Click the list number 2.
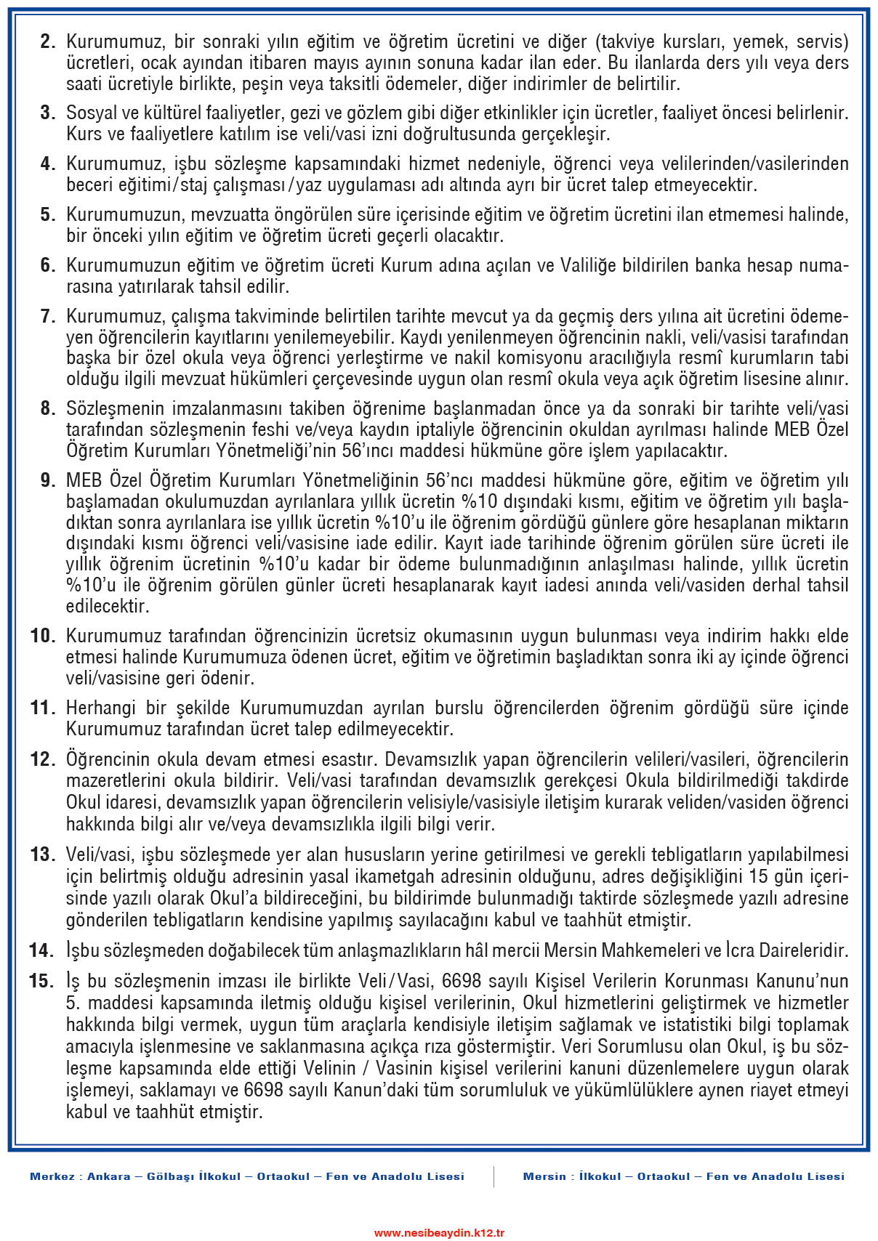48,42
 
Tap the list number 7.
48,317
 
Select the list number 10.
43,636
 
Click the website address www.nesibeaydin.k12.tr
439,1233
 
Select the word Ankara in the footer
109,1177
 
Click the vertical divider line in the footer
494,1177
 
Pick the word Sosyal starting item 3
91,113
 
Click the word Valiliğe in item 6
588,266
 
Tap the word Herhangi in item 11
99,708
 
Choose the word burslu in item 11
459,708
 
